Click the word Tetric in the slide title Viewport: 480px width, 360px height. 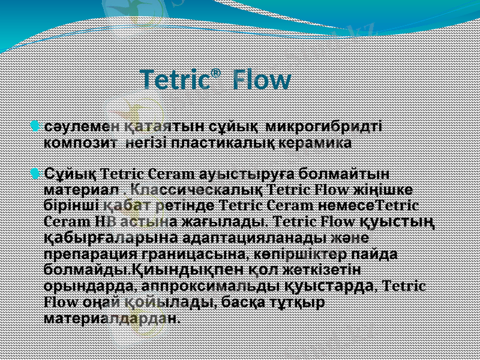pyautogui.click(x=175, y=80)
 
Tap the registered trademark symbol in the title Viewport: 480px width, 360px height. pyautogui.click(x=216, y=73)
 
